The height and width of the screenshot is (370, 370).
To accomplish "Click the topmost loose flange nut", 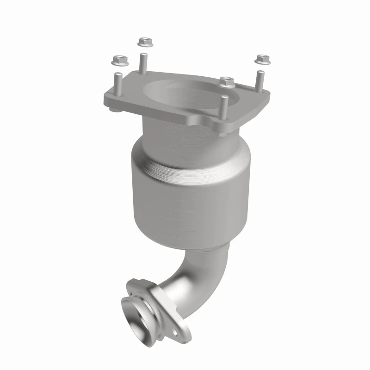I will (144, 42).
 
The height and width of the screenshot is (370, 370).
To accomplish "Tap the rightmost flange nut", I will (261, 59).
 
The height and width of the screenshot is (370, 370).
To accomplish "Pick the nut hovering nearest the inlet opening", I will (226, 81).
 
